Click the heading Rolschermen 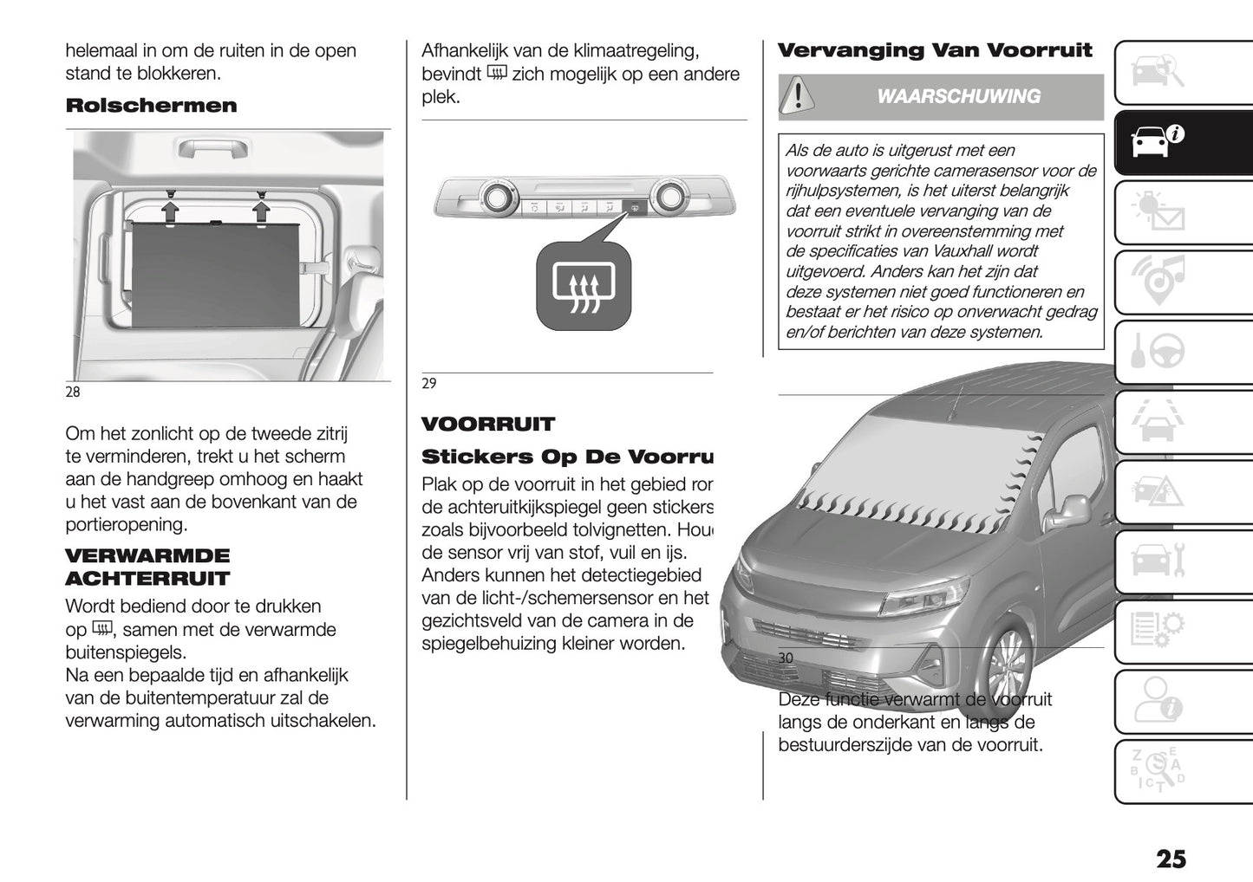tap(151, 106)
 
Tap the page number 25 tap(1170, 859)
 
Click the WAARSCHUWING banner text tap(958, 96)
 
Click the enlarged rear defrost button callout tap(583, 286)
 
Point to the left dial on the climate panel tap(497, 197)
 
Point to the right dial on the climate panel tap(669, 197)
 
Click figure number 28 tap(73, 392)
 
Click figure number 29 tap(429, 384)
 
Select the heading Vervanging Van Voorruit tap(935, 50)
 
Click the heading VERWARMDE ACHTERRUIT tap(147, 567)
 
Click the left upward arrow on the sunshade tap(171, 211)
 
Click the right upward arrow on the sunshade tap(261, 211)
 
